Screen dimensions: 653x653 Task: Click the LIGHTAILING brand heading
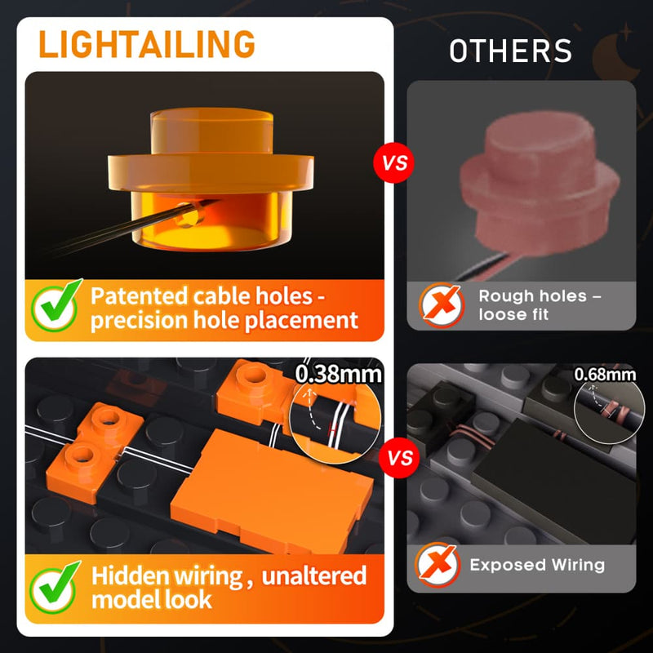pos(147,44)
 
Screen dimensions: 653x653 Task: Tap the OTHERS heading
pos(511,51)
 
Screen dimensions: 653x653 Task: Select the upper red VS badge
pos(393,162)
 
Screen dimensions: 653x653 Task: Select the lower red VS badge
pos(399,458)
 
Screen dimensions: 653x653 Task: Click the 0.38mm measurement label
pos(338,374)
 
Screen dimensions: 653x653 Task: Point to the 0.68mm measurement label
pos(605,375)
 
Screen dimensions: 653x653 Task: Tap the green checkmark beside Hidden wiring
pos(55,588)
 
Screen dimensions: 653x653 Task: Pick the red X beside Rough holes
pos(442,304)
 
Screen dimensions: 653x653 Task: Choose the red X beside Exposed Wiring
pos(438,565)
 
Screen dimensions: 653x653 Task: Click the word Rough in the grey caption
pos(501,296)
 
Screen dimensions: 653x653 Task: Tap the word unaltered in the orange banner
pos(314,575)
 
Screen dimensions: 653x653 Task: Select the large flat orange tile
pos(272,491)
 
